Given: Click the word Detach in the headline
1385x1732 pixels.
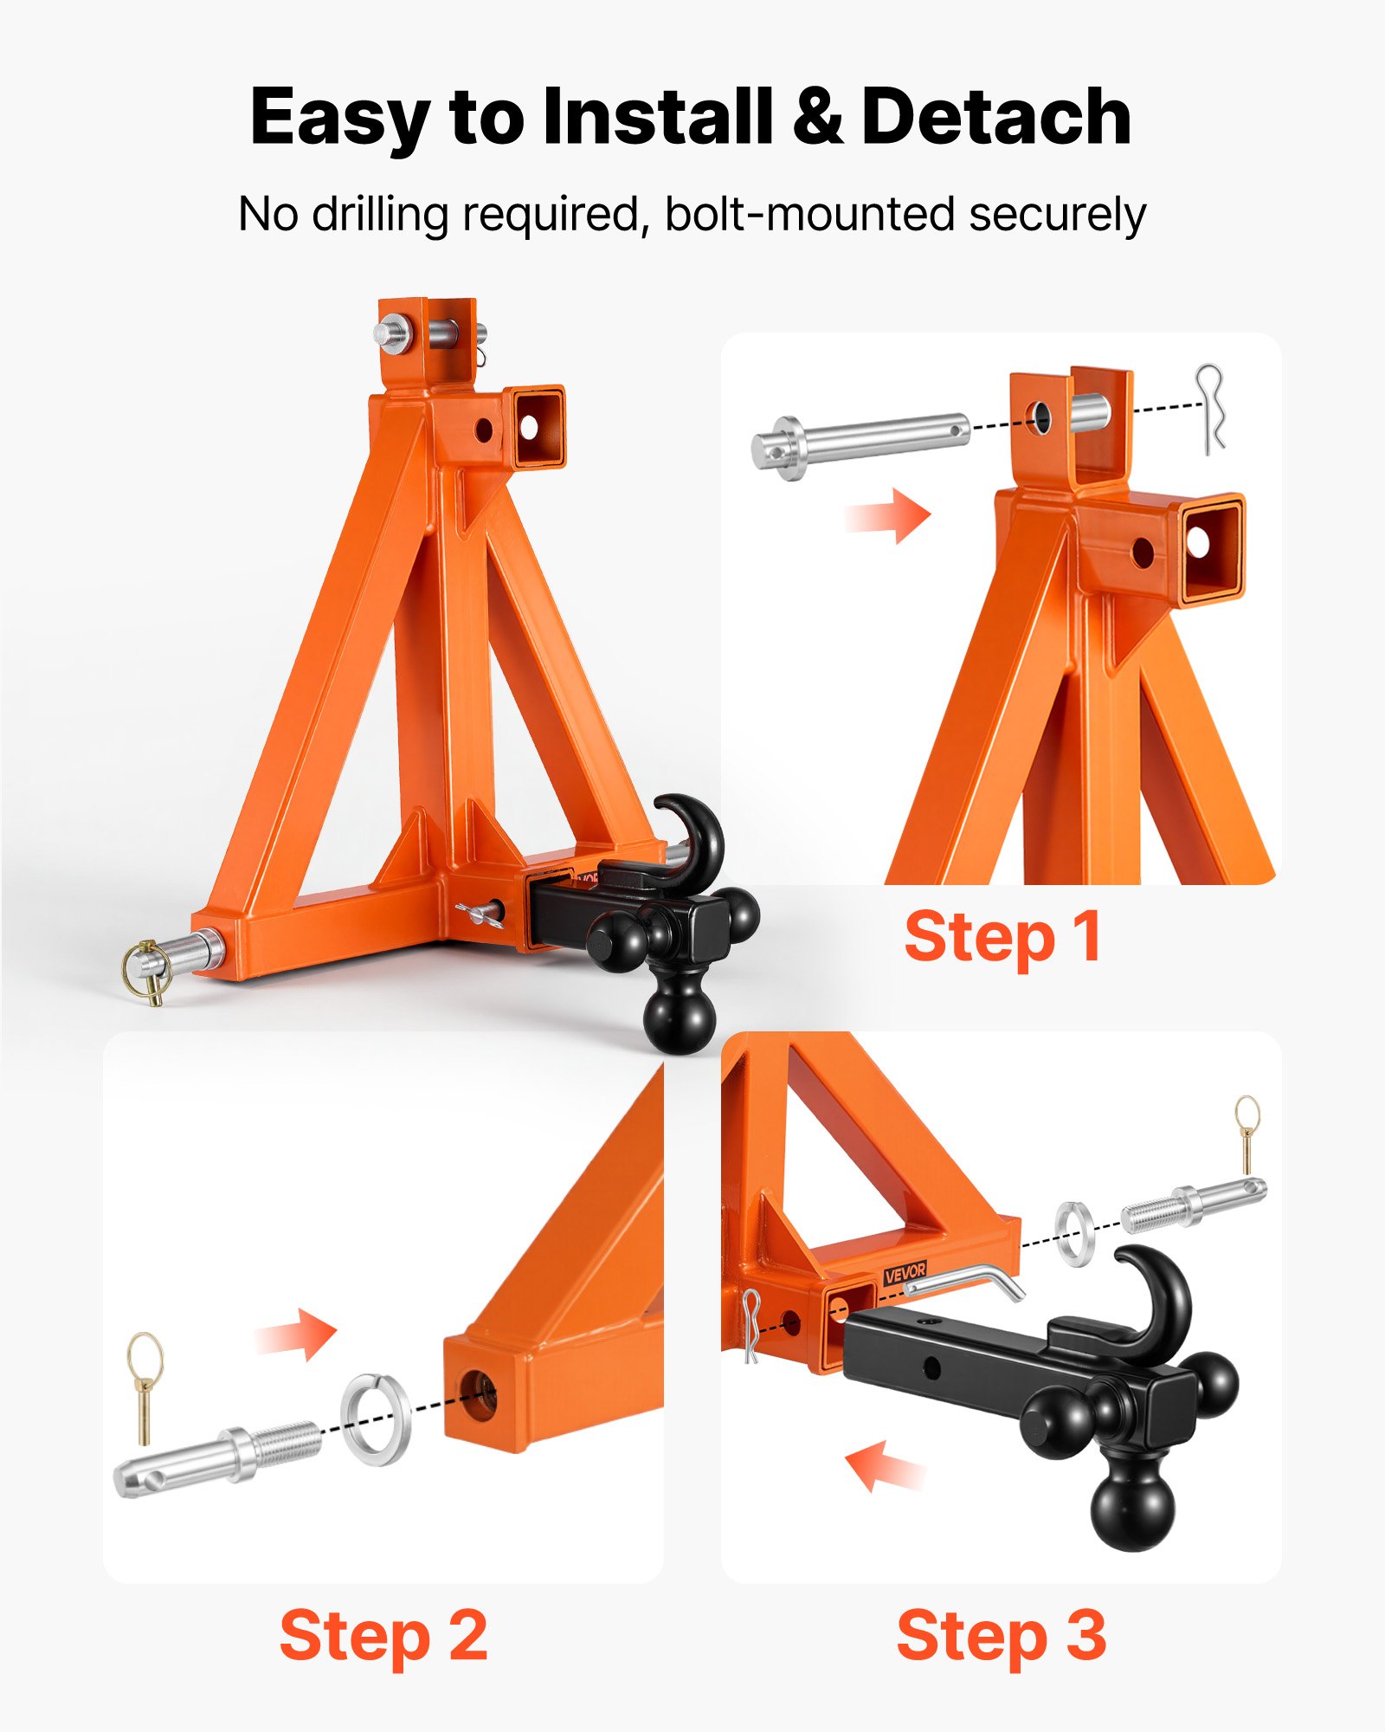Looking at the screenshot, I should (x=995, y=117).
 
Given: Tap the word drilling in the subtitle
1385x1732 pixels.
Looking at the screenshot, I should (x=379, y=215).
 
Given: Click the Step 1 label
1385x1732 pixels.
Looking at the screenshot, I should (x=1002, y=937).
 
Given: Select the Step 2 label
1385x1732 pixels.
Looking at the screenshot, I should (x=383, y=1635).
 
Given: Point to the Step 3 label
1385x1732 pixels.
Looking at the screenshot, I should (x=1002, y=1635).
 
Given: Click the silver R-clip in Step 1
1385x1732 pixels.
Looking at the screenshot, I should (x=1210, y=409).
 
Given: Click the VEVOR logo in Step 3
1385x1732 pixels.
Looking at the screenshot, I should (x=905, y=1272).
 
